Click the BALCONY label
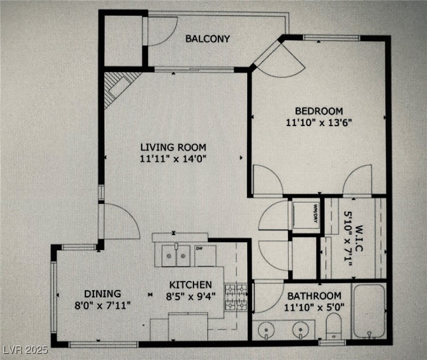click(x=207, y=38)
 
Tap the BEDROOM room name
click(x=319, y=111)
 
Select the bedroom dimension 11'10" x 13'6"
click(x=319, y=123)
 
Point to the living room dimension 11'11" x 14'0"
click(x=173, y=159)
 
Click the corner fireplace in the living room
click(x=117, y=87)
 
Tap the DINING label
click(x=102, y=294)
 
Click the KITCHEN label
click(x=190, y=285)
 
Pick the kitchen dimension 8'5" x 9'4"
click(x=190, y=296)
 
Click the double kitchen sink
click(x=176, y=255)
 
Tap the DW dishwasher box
click(x=205, y=255)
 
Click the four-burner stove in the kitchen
click(x=236, y=298)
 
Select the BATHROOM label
click(x=314, y=296)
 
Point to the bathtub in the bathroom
click(x=369, y=311)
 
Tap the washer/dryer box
click(x=306, y=215)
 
